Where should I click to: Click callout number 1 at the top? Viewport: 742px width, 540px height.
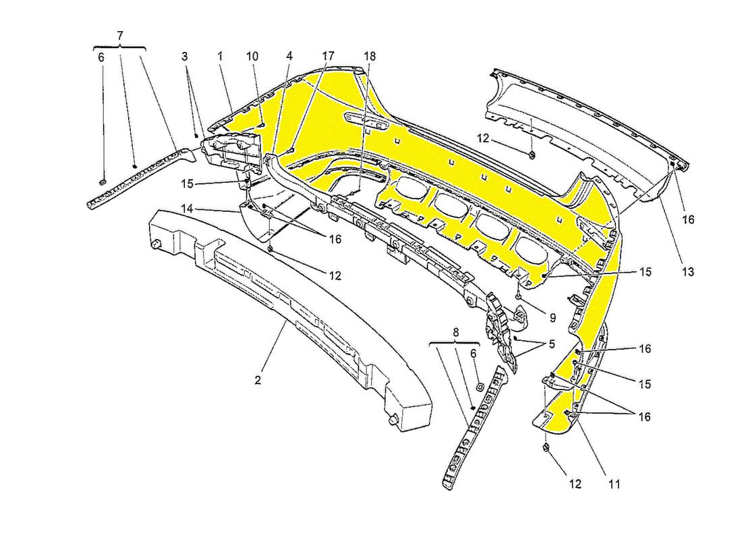pyautogui.click(x=220, y=57)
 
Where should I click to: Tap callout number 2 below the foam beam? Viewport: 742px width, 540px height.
pyautogui.click(x=258, y=380)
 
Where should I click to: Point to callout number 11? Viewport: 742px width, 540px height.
pyautogui.click(x=614, y=483)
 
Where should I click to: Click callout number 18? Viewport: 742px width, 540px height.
pyautogui.click(x=370, y=57)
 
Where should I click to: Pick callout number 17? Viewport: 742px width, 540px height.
pyautogui.click(x=329, y=57)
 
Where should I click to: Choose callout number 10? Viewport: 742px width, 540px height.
pyautogui.click(x=252, y=57)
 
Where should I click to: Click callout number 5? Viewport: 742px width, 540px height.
pyautogui.click(x=552, y=344)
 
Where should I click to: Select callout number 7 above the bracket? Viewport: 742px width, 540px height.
pyautogui.click(x=120, y=34)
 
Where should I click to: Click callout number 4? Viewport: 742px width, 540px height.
pyautogui.click(x=289, y=57)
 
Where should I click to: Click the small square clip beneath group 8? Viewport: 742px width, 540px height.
pyautogui.click(x=478, y=387)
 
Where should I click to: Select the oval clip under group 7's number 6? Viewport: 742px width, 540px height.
pyautogui.click(x=103, y=182)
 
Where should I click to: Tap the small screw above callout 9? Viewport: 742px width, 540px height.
pyautogui.click(x=517, y=296)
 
